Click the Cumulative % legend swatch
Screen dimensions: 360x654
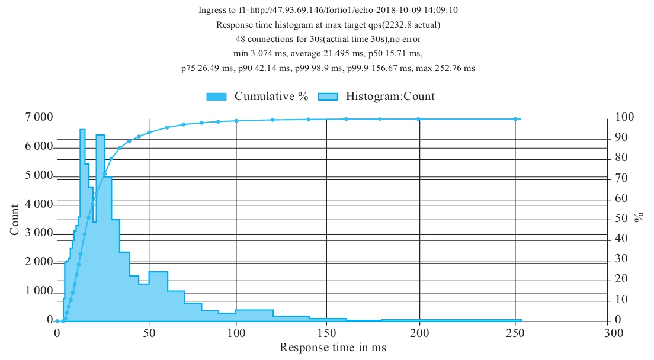click(217, 97)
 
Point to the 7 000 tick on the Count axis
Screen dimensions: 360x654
click(37, 118)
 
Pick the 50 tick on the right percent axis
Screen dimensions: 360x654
click(621, 219)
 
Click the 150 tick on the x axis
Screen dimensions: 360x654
click(327, 333)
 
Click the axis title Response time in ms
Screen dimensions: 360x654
click(332, 348)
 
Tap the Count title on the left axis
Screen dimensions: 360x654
click(15, 220)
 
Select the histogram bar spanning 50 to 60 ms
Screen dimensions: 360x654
click(158, 296)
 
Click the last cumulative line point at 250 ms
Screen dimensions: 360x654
click(515, 119)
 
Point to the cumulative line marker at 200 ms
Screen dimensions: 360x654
click(418, 119)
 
